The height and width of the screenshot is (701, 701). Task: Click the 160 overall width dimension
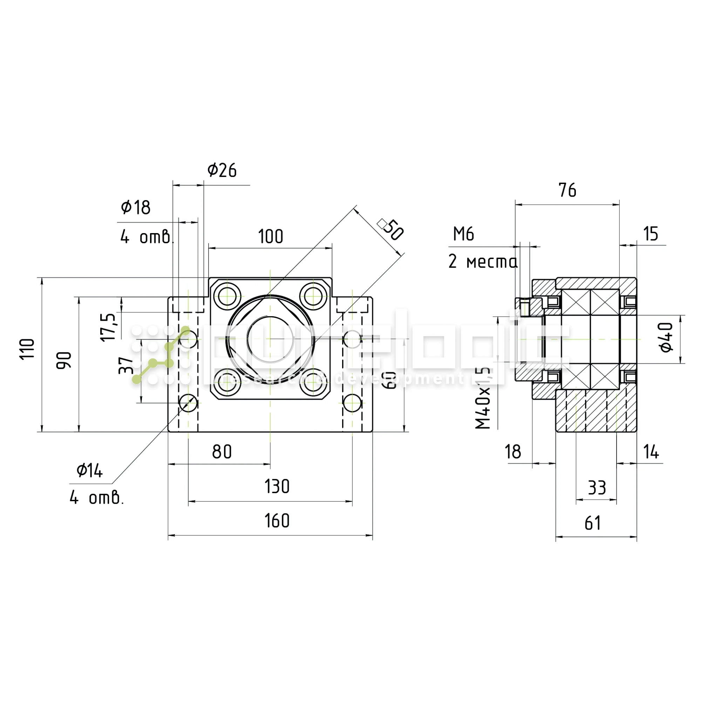pos(277,521)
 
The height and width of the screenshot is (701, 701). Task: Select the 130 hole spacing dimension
pos(277,486)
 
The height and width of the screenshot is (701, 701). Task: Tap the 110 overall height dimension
pos(27,349)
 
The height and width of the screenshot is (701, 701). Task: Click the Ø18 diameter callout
pos(135,207)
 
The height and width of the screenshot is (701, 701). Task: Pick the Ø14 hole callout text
pos(89,471)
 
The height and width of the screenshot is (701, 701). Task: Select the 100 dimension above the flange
pos(270,237)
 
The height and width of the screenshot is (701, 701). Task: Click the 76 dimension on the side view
pos(567,190)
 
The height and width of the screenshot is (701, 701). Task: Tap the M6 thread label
pos(463,234)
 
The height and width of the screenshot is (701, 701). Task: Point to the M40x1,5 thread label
pos(483,398)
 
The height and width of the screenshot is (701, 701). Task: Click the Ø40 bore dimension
pos(666,337)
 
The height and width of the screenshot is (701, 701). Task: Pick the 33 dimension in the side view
pos(597,488)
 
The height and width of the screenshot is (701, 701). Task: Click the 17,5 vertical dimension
pos(108,327)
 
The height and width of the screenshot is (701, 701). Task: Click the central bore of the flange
pos(270,339)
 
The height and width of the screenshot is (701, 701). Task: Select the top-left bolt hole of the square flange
pos(227,296)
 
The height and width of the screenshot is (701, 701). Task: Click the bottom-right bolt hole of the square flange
pos(313,385)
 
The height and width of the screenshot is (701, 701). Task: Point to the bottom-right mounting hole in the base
pos(352,403)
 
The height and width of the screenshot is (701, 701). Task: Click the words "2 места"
pos(483,261)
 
